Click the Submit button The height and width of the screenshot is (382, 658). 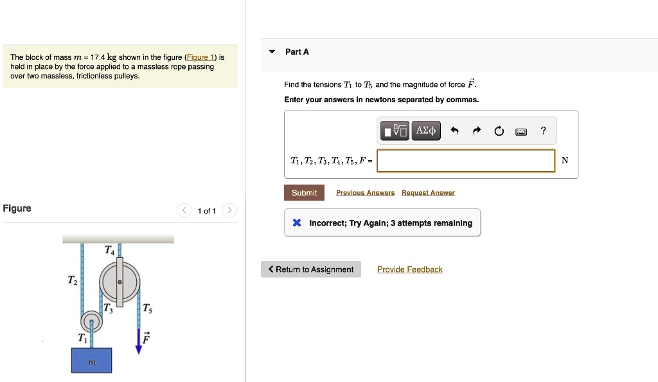[304, 193]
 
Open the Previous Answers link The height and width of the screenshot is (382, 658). [365, 193]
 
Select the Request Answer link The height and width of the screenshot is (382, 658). [428, 193]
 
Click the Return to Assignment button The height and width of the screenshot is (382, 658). [311, 269]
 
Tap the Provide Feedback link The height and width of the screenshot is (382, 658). [409, 269]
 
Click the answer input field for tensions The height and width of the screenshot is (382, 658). [465, 161]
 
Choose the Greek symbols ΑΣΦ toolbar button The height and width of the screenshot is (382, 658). [426, 131]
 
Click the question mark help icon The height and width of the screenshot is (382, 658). [543, 131]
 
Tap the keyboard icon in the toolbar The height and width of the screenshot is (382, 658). [521, 132]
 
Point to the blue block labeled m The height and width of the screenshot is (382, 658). [92, 360]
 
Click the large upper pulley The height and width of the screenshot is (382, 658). [120, 282]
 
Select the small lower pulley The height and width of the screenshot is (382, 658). [92, 320]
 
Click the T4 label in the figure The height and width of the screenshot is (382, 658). [110, 250]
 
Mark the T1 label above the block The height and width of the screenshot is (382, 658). [82, 338]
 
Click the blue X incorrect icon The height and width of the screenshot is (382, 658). [297, 223]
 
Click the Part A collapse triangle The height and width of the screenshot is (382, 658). [272, 51]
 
